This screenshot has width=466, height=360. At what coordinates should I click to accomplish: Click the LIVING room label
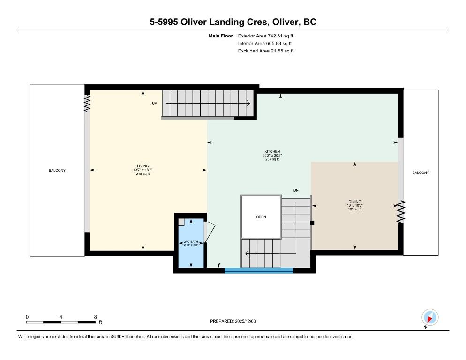[x=143, y=166]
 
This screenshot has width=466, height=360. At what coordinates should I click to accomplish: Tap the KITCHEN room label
[x=272, y=151]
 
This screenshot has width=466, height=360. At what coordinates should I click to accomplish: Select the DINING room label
[x=355, y=202]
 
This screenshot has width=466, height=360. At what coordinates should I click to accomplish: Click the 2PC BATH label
[x=191, y=242]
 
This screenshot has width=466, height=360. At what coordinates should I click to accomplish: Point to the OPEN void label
[x=261, y=217]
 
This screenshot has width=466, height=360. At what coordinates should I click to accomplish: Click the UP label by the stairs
[x=155, y=103]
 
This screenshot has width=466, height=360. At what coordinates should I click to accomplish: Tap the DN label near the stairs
[x=296, y=190]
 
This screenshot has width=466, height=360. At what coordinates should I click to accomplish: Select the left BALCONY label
[x=57, y=170]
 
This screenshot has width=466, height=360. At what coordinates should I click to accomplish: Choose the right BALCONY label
[x=421, y=172]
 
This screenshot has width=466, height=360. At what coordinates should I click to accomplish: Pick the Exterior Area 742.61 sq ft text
[x=265, y=36]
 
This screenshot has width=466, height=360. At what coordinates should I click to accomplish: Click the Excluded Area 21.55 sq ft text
[x=266, y=51]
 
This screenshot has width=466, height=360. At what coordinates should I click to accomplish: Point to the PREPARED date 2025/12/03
[x=233, y=321]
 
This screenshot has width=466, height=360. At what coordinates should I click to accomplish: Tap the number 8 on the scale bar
[x=95, y=317]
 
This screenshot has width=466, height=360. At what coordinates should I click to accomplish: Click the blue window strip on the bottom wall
[x=259, y=270]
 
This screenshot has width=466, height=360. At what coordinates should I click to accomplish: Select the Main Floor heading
[x=220, y=36]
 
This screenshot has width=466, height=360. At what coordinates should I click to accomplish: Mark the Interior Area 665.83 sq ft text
[x=265, y=44]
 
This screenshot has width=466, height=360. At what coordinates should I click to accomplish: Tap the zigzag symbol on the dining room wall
[x=401, y=212]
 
